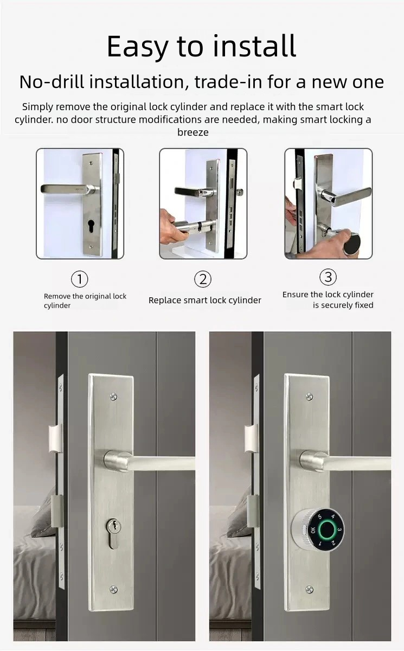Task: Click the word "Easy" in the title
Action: (138, 47)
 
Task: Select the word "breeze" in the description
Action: (193, 132)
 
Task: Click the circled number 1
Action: (80, 279)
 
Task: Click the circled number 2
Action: (202, 279)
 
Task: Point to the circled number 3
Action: (328, 277)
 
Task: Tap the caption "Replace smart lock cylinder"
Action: (204, 300)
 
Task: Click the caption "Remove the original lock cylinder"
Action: (85, 301)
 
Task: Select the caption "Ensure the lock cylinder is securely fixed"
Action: (328, 299)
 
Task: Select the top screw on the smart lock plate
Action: (309, 397)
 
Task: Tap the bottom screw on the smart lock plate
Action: (309, 589)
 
